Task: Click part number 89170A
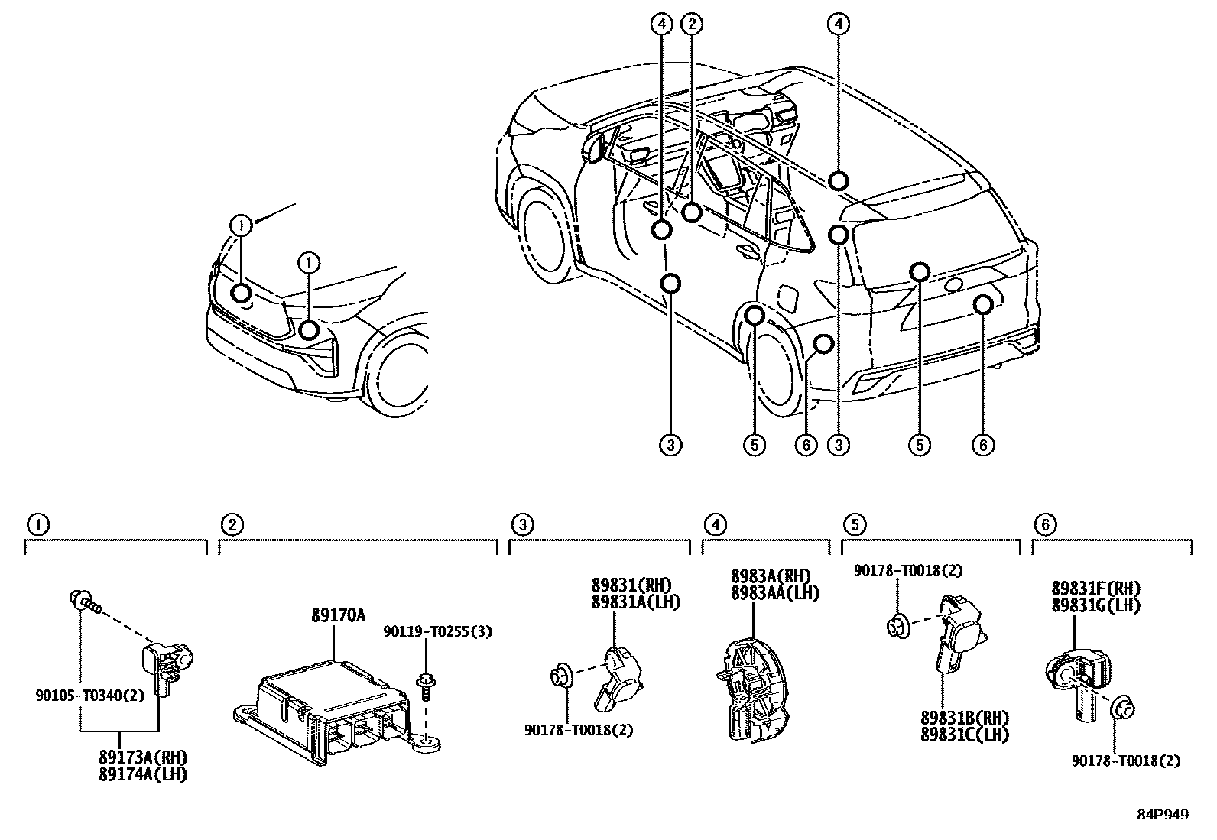point(338,615)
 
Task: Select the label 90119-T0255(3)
point(436,631)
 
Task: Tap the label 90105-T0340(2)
point(89,696)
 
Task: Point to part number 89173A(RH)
point(143,757)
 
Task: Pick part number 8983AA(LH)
point(774,593)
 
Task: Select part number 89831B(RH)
point(965,719)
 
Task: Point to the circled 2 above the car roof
point(692,24)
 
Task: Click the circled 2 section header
point(232,524)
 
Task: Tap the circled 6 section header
point(1045,524)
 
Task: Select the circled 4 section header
point(714,524)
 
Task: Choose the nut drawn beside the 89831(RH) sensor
point(560,676)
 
